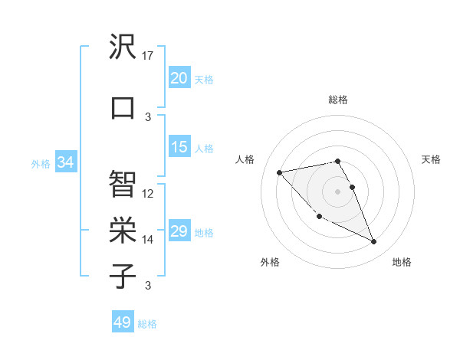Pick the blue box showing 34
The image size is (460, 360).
click(65, 162)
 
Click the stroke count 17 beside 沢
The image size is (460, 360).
click(149, 56)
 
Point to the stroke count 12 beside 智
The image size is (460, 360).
click(149, 194)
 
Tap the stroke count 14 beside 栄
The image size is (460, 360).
click(149, 240)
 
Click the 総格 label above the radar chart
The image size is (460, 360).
click(338, 100)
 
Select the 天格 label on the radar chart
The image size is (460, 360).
click(432, 159)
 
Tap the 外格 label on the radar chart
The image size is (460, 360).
click(270, 262)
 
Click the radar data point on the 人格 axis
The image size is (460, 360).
click(280, 172)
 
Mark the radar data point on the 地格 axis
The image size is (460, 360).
click(374, 242)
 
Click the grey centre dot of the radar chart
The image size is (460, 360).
click(338, 191)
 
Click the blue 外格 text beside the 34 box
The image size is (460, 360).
click(41, 163)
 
